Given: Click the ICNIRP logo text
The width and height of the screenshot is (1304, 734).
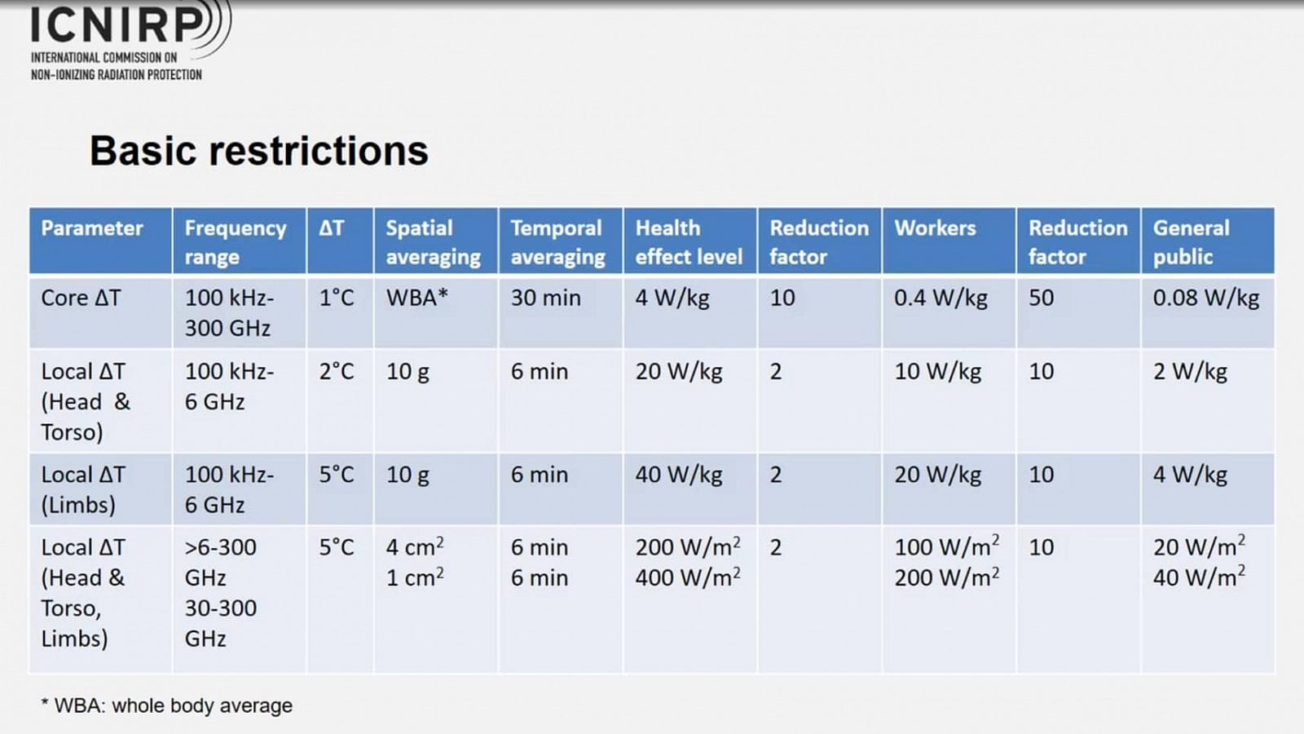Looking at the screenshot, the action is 117,24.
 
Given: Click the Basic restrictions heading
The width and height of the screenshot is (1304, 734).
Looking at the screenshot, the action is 259,151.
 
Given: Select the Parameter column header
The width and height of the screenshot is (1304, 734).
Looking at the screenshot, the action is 92,228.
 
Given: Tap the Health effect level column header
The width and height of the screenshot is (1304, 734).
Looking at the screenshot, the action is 689,242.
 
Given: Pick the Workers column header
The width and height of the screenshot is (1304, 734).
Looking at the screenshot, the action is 935,228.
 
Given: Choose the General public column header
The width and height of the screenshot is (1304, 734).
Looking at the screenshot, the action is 1191,242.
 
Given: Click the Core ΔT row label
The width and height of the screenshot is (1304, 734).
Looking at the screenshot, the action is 81,298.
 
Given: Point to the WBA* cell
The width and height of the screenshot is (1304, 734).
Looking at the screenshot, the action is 416,298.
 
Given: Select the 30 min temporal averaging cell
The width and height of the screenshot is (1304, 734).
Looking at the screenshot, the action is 545,298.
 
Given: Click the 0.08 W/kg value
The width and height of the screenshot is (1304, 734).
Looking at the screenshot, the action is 1205,298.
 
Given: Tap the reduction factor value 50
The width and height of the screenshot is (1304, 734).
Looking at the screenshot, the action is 1041,298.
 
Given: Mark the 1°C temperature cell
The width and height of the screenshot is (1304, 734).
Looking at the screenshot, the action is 336,298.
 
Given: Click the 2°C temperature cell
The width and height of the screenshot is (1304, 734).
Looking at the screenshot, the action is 336,372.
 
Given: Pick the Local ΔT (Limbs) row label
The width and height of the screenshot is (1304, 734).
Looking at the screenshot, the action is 82,489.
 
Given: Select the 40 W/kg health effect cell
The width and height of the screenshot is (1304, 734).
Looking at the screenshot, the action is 679,475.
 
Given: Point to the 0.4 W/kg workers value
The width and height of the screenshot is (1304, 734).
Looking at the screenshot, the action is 941,298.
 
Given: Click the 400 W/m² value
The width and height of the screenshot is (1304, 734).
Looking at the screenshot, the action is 688,577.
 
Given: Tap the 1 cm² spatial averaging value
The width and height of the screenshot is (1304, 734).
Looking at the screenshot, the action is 415,577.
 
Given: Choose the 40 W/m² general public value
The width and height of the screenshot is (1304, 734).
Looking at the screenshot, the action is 1199,577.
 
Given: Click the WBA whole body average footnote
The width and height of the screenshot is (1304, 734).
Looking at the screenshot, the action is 166,705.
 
